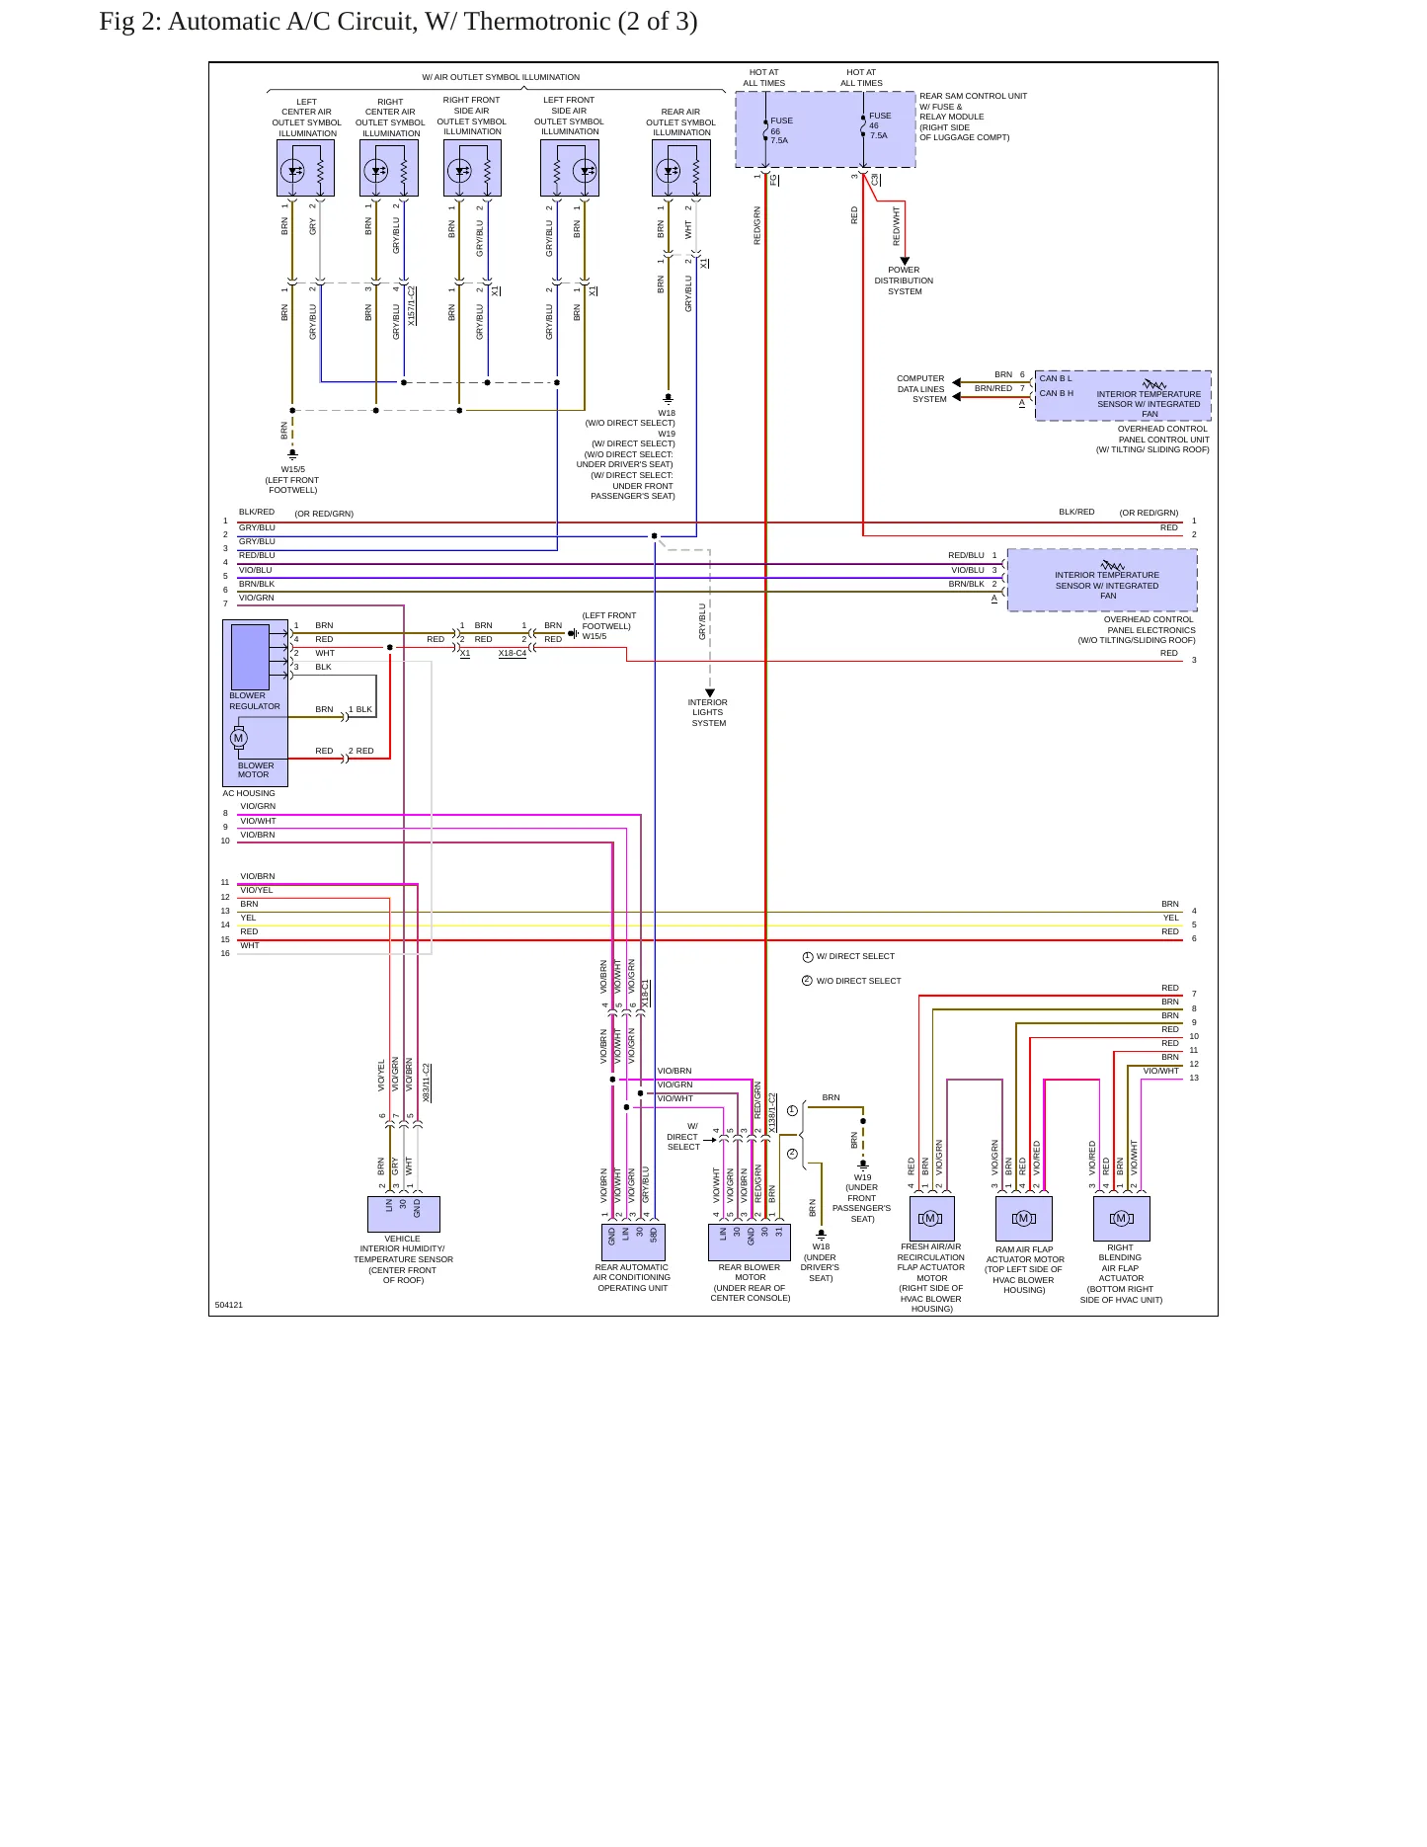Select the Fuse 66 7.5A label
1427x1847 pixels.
click(x=781, y=130)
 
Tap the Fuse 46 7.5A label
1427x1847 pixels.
click(x=879, y=125)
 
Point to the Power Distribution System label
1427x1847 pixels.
click(x=904, y=281)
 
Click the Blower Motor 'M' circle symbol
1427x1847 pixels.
click(x=238, y=738)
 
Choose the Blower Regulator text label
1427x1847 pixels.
click(x=255, y=701)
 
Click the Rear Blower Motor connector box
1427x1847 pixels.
click(x=750, y=1243)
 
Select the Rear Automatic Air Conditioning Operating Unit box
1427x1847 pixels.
click(x=633, y=1243)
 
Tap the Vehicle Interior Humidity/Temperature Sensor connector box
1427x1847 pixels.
click(x=404, y=1214)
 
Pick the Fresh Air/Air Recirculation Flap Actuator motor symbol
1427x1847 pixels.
click(x=931, y=1219)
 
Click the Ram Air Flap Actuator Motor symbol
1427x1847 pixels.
click(x=1024, y=1219)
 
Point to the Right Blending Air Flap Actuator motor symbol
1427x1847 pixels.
click(x=1122, y=1219)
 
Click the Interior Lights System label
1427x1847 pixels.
click(x=708, y=712)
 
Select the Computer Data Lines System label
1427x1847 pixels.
click(x=921, y=389)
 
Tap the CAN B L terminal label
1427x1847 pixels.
click(x=1056, y=378)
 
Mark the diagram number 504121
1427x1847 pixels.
click(x=229, y=1305)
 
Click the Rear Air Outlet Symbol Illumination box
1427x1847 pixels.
click(x=681, y=168)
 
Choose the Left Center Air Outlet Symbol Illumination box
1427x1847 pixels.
click(x=306, y=168)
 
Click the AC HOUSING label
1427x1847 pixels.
click(x=249, y=793)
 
